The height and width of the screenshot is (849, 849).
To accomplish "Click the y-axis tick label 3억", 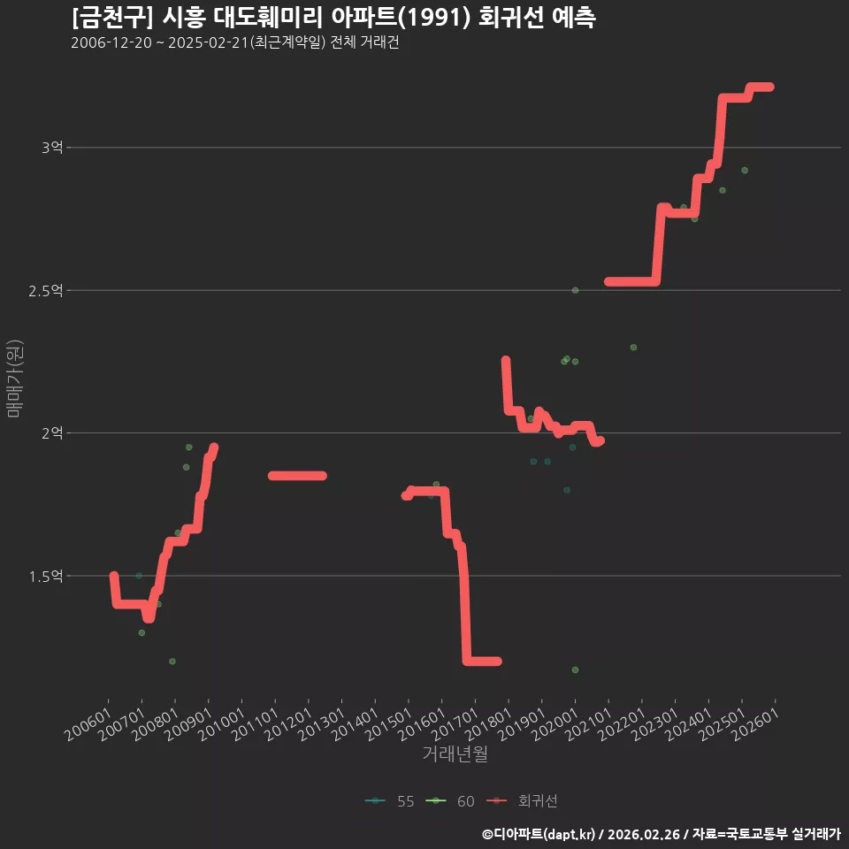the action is pyautogui.click(x=52, y=148).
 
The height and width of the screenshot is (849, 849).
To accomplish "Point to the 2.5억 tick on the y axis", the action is pyautogui.click(x=45, y=291).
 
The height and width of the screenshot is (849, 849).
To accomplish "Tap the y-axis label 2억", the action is pyautogui.click(x=52, y=433).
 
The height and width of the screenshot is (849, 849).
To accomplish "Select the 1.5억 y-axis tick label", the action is pyautogui.click(x=45, y=576).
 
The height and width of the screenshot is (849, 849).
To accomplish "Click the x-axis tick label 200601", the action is pyautogui.click(x=88, y=724).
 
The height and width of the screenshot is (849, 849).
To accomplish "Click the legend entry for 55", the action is pyautogui.click(x=390, y=801).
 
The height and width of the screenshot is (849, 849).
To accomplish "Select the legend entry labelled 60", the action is pyautogui.click(x=450, y=801).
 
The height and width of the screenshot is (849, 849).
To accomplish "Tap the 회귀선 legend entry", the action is pyautogui.click(x=522, y=801).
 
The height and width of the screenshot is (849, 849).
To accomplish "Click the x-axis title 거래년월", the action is pyautogui.click(x=455, y=753).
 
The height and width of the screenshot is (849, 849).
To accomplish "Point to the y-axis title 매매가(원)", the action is pyautogui.click(x=14, y=379).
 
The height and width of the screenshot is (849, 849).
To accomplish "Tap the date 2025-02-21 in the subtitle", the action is pyautogui.click(x=208, y=42).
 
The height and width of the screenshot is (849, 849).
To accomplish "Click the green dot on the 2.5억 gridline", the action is pyautogui.click(x=575, y=290).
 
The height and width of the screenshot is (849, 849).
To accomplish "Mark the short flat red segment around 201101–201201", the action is pyautogui.click(x=297, y=476).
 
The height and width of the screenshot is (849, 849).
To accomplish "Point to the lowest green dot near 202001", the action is pyautogui.click(x=575, y=669).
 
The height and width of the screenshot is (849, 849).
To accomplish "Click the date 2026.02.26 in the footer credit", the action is pyautogui.click(x=643, y=834).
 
